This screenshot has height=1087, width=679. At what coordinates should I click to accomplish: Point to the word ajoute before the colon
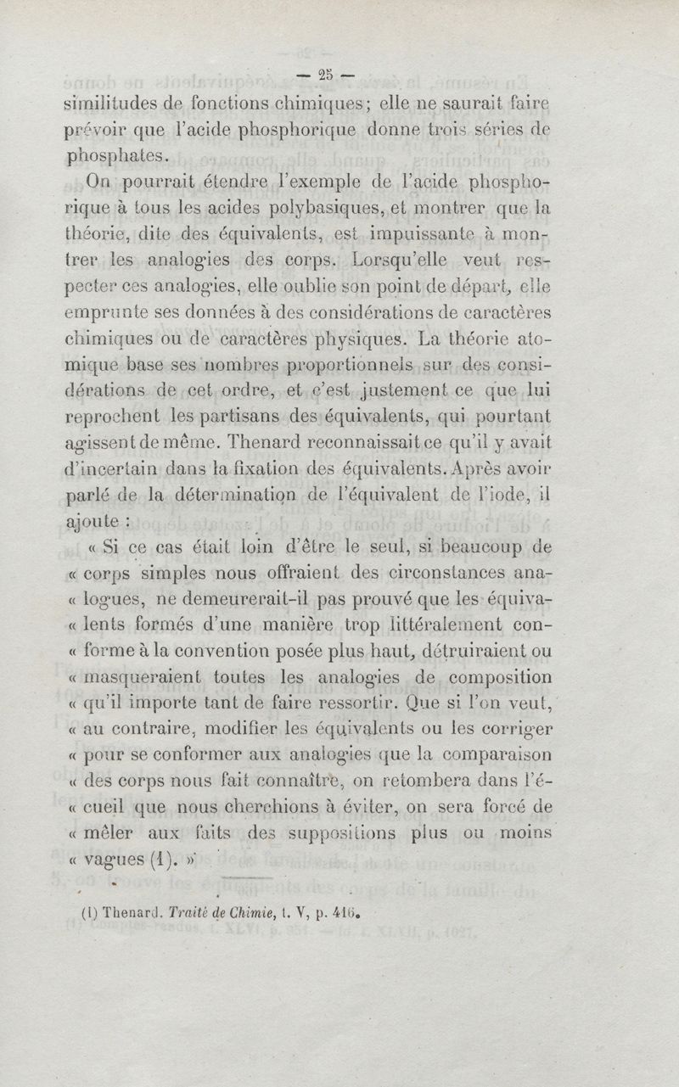point(98,519)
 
